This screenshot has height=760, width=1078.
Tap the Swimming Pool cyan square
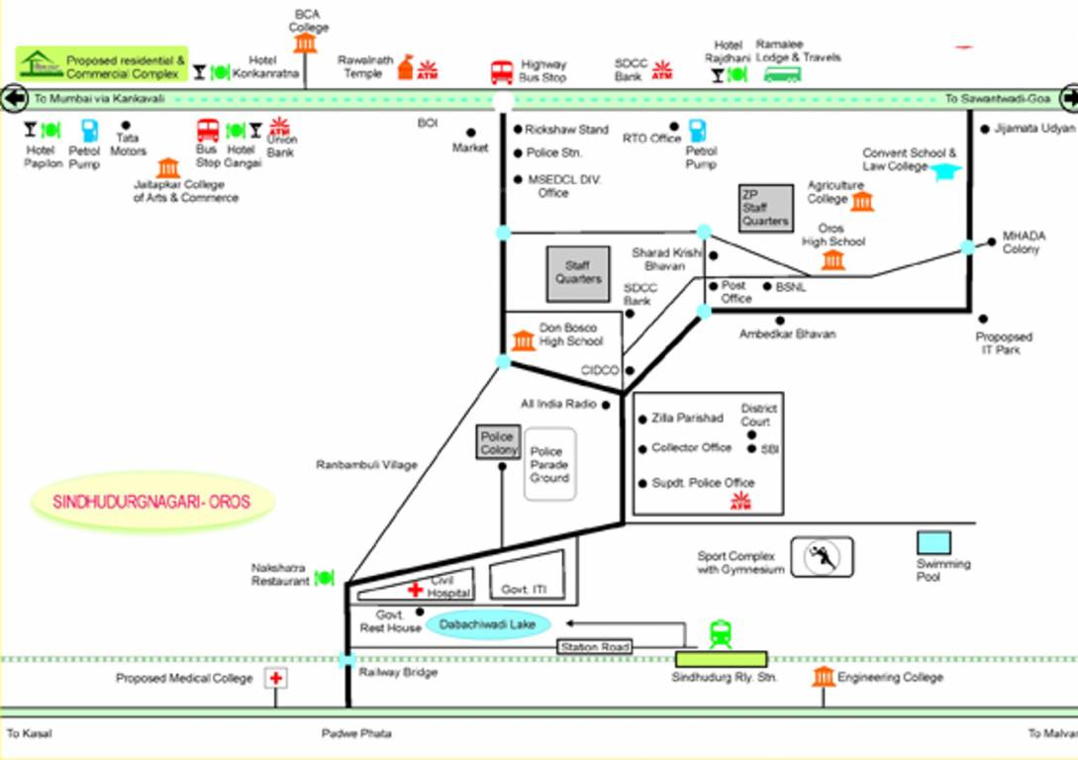tap(932, 542)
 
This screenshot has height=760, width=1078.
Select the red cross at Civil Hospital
tap(416, 590)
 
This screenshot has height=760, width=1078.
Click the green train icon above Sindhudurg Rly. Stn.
tap(721, 633)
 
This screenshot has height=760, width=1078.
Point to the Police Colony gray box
tap(499, 442)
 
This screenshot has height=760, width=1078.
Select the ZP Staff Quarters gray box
tap(766, 208)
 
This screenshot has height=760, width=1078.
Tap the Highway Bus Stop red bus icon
tap(502, 72)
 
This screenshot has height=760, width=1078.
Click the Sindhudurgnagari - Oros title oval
tap(151, 502)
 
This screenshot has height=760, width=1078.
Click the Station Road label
tap(594, 647)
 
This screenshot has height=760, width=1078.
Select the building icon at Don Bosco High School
tap(523, 341)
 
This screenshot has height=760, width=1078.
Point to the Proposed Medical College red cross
tap(276, 678)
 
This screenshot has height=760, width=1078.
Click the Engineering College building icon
tap(823, 677)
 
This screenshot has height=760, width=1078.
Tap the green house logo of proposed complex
tap(41, 64)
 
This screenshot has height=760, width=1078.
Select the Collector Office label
tap(691, 448)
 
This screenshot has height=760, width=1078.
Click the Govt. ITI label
tap(525, 590)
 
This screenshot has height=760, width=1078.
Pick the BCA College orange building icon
tap(305, 44)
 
